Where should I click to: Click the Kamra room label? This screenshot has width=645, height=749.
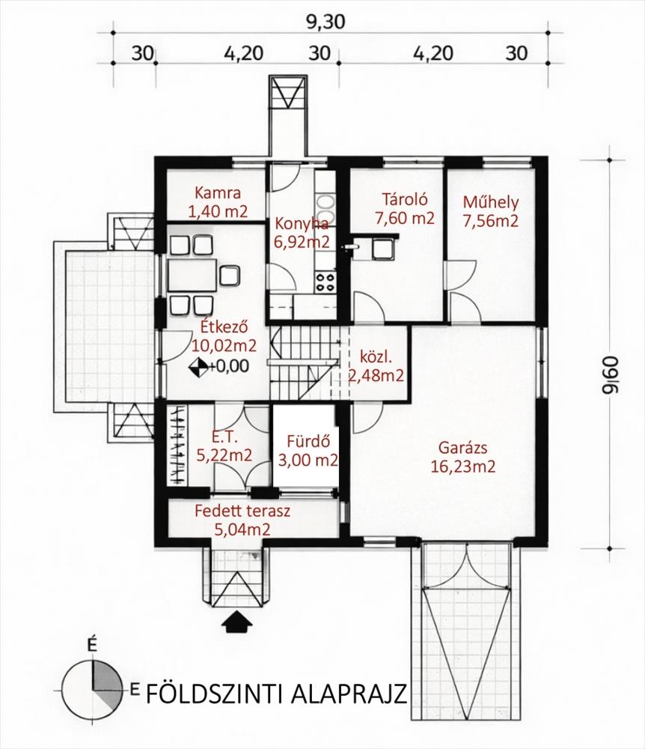(218, 193)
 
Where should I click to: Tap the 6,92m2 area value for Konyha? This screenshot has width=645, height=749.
(302, 242)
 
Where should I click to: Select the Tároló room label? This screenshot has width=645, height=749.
(405, 198)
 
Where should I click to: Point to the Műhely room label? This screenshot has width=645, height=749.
(491, 203)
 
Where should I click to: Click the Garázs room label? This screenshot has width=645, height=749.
(462, 448)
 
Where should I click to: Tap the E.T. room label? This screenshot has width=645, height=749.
(224, 437)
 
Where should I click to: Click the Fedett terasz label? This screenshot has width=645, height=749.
(242, 511)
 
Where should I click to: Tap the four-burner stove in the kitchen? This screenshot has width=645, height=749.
(325, 282)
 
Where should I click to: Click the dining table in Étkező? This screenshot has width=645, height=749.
(192, 276)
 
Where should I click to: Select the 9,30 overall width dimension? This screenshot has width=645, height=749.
(325, 22)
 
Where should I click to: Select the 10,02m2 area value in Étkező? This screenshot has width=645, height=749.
(224, 345)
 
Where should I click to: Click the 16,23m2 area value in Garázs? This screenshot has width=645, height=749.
(462, 466)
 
